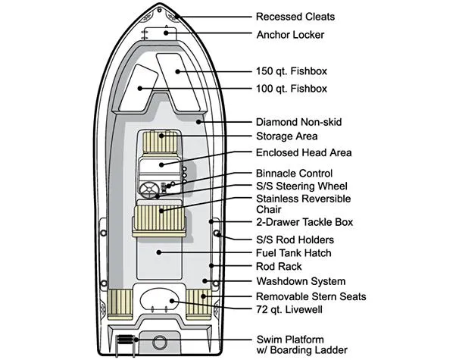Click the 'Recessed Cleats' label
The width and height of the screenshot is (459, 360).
coord(295,17)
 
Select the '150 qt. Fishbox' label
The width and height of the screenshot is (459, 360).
coord(292,71)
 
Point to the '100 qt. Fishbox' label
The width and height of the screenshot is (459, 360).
coord(292,89)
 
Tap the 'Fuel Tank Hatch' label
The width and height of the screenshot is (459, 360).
coord(294,252)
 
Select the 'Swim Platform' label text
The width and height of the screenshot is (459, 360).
coord(291,338)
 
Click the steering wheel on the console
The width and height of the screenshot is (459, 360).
coord(149,189)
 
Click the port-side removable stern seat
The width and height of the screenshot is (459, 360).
coord(121,302)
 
